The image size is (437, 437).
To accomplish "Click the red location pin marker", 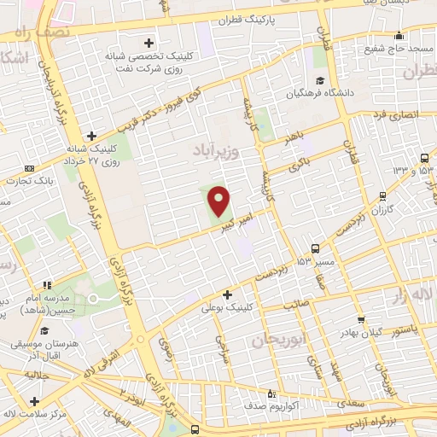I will [219, 201].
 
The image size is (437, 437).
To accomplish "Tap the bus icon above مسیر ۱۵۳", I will [316, 248].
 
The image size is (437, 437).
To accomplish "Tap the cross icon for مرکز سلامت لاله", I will [33, 402].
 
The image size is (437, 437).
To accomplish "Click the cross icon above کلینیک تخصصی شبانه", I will [149, 42].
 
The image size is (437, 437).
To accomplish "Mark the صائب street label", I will [319, 302].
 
